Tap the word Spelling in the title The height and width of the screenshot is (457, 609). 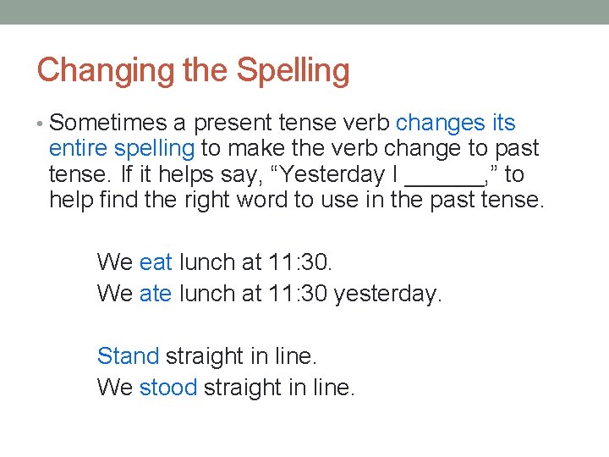click(x=293, y=71)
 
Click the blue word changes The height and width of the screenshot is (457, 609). click(x=440, y=124)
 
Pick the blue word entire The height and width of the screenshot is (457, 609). click(x=79, y=149)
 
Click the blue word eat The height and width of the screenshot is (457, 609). click(x=156, y=262)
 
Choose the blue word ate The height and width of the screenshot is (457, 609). click(x=156, y=294)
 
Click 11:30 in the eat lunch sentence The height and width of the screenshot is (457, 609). click(x=300, y=262)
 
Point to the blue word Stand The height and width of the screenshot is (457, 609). click(x=128, y=356)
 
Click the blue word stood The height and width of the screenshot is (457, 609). click(x=168, y=388)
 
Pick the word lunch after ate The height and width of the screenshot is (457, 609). click(x=206, y=294)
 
